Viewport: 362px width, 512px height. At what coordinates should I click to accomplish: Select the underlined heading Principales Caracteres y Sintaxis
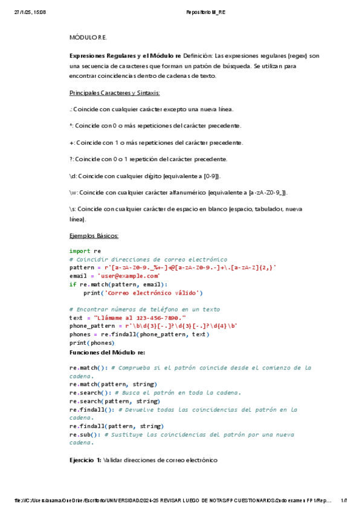tap(115, 93)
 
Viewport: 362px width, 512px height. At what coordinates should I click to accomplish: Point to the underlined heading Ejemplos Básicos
tap(94, 235)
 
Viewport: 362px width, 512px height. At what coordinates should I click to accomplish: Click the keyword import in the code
tap(80, 251)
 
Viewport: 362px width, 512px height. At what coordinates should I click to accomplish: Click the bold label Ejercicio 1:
tap(85, 460)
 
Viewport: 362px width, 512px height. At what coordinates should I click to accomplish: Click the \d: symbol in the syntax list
tap(73, 176)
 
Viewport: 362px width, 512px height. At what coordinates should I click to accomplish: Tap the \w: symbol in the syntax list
tap(74, 193)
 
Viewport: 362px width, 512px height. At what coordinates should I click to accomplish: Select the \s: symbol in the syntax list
tap(73, 210)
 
